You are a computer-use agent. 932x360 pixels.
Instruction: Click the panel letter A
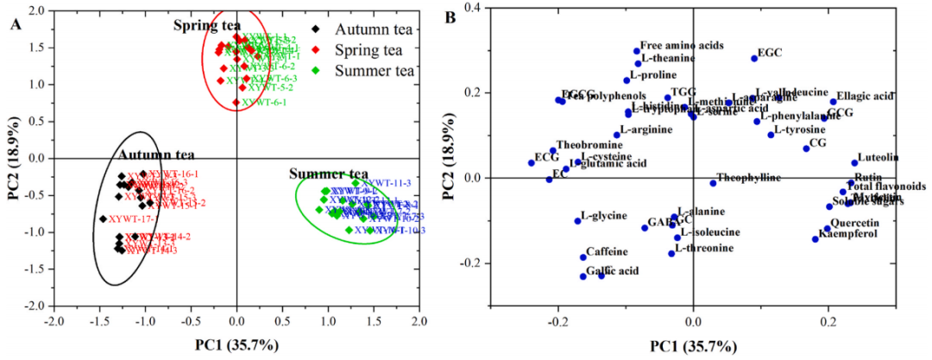(x=16, y=23)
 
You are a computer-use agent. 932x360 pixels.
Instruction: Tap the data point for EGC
(x=754, y=58)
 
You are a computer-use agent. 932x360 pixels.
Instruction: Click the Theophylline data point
(x=713, y=183)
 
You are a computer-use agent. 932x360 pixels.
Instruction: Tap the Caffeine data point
(x=583, y=257)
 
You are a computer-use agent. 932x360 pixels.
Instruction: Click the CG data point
(x=806, y=148)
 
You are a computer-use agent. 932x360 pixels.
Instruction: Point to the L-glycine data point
(x=578, y=221)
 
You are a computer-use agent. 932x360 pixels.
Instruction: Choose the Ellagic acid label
(x=865, y=96)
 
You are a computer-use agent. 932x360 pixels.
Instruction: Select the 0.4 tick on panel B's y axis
(x=473, y=8)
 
